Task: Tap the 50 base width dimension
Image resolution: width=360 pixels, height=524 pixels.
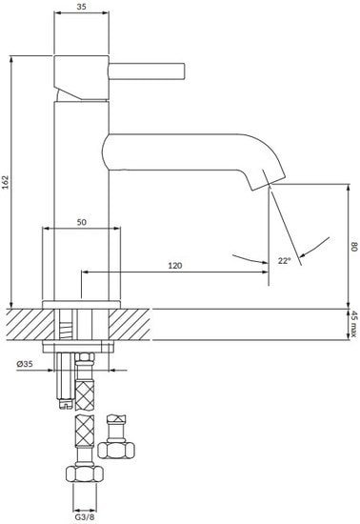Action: (x=83, y=221)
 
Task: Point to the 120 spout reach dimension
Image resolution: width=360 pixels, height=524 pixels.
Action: (x=174, y=265)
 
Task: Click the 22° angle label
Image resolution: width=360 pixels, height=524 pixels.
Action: (x=284, y=259)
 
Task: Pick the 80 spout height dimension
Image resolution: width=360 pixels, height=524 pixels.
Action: (x=352, y=246)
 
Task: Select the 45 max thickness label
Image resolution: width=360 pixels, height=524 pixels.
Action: (x=352, y=324)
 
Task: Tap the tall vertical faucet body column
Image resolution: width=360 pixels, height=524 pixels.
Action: (x=83, y=200)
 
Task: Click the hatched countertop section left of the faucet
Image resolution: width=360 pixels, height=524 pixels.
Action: (x=24, y=324)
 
